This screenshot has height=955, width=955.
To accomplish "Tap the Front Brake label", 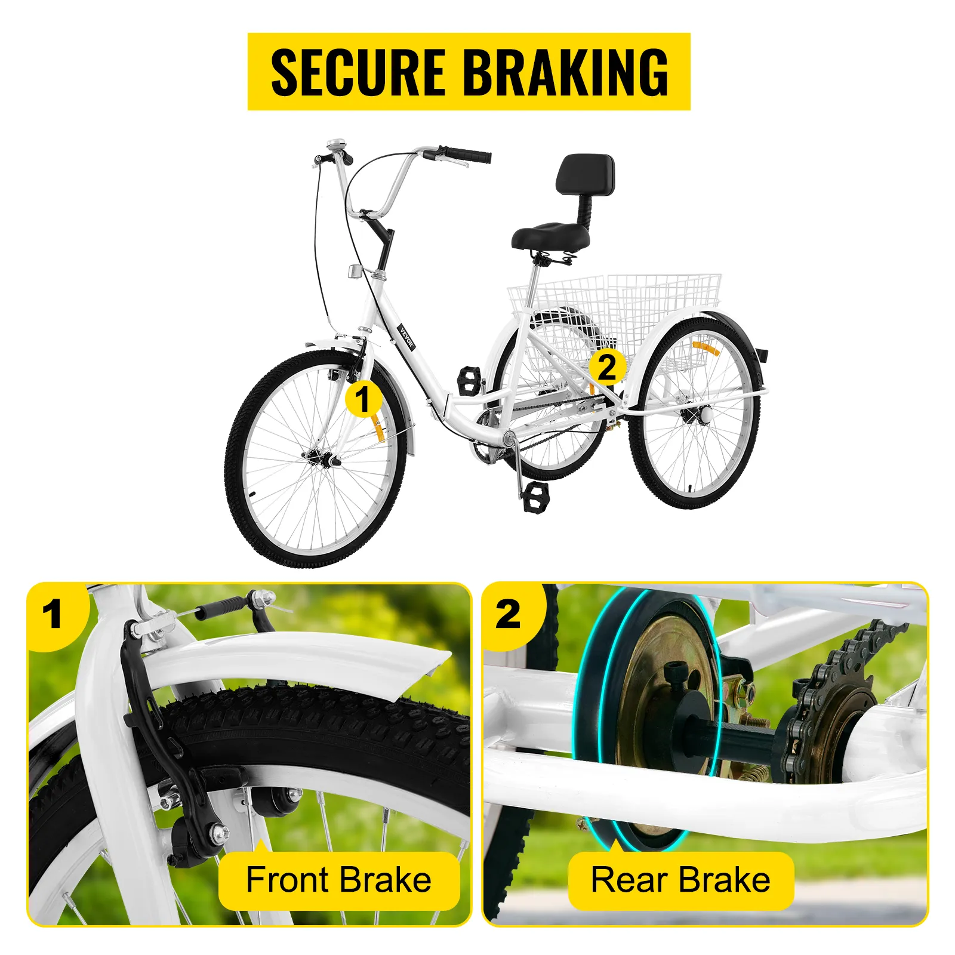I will tap(338, 880).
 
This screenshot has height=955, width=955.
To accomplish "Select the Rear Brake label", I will tap(680, 880).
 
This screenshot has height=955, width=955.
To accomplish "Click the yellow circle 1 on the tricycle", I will tap(363, 399).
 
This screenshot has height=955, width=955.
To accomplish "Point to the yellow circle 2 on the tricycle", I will tap(607, 366).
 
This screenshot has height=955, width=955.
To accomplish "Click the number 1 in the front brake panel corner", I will tap(53, 615).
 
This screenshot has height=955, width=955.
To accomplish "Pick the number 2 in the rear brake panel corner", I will tap(508, 615).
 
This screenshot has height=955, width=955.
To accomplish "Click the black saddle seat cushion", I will tap(550, 236).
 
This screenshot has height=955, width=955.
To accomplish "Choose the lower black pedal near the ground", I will tap(535, 497).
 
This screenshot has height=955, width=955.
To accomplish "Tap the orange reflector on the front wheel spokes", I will tap(377, 427).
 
